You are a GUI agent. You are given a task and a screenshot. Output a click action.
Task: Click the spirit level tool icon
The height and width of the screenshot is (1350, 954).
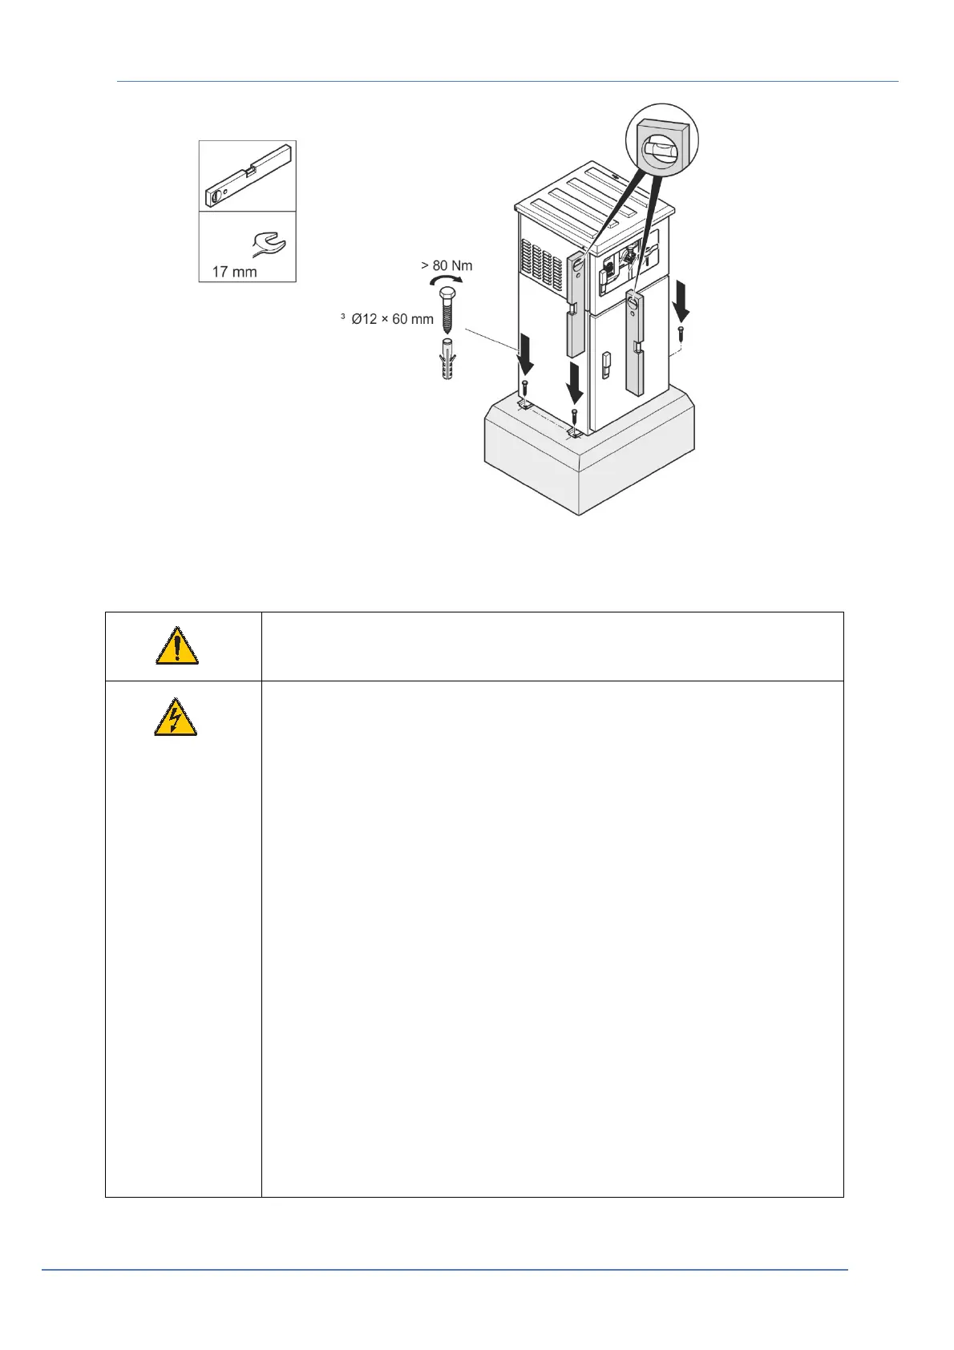(x=248, y=175)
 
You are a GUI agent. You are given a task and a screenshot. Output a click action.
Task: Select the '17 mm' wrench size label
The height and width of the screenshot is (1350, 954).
(x=234, y=272)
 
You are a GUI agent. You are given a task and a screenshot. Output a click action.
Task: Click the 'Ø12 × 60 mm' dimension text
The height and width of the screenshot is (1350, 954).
(x=392, y=319)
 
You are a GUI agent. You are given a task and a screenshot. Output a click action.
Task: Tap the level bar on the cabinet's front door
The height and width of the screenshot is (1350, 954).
(x=635, y=343)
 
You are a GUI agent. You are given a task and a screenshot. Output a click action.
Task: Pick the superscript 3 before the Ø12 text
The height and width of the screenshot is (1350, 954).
(x=343, y=316)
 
